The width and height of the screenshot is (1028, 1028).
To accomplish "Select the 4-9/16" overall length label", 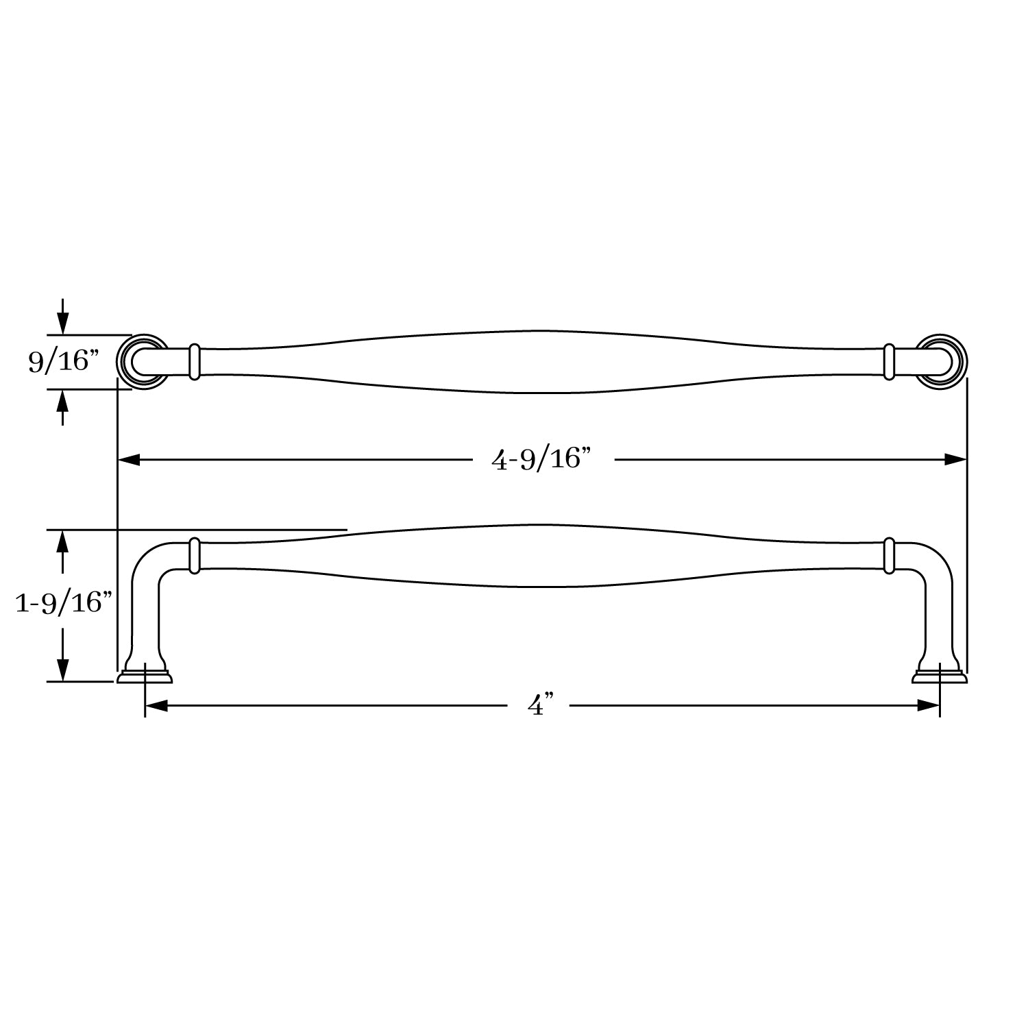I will (x=541, y=459).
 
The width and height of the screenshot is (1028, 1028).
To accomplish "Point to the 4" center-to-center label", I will (x=540, y=705).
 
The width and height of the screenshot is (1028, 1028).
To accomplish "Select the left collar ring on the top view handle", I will (x=194, y=362).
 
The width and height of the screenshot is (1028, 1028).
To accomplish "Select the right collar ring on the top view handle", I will (x=889, y=362).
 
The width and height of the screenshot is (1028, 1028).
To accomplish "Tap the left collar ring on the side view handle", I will (x=194, y=556).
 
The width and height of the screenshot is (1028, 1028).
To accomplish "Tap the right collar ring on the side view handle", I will (x=889, y=556).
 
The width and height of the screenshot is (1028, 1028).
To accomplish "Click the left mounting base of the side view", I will (x=145, y=676).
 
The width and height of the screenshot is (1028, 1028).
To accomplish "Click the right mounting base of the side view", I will (x=939, y=676).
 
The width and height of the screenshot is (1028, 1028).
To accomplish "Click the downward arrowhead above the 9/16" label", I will (x=63, y=323).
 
